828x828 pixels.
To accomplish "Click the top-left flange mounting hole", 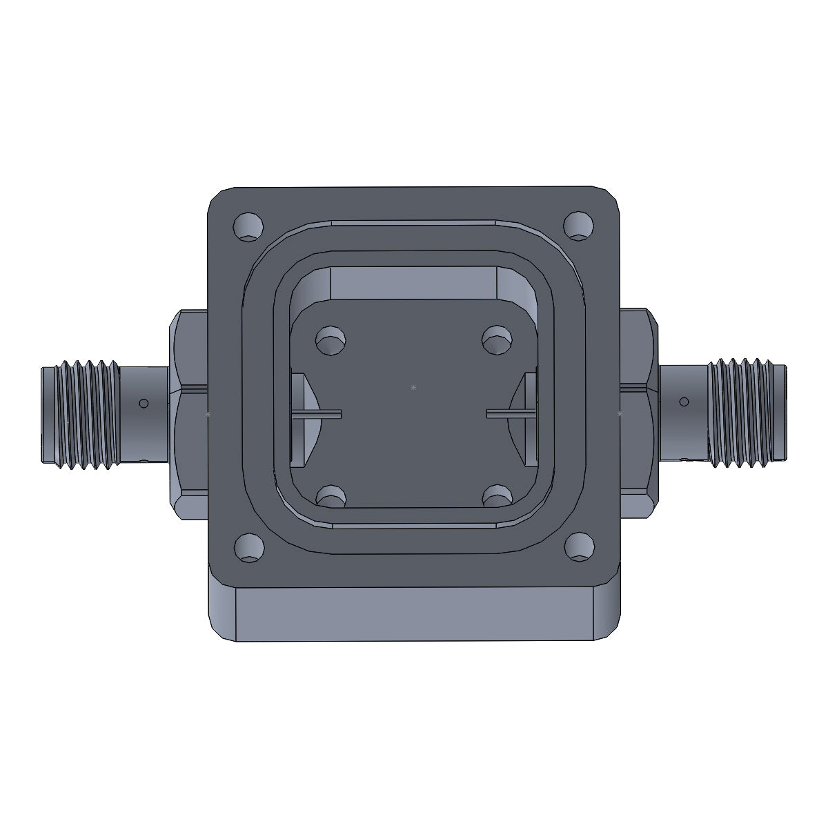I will tap(249, 227).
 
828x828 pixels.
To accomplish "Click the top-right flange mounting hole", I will tap(579, 226).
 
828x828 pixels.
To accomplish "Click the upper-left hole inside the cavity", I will tap(331, 340).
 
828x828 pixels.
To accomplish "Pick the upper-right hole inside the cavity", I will tap(497, 339).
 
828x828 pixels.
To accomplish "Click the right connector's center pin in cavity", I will tap(511, 413).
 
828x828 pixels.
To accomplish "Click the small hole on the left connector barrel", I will tap(144, 403).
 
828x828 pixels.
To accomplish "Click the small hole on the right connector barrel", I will tap(684, 402).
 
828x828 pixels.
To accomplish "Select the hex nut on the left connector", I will tap(188, 414).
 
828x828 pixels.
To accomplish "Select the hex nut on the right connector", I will tap(639, 414).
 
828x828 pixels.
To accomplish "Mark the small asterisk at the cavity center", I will tap(413, 388).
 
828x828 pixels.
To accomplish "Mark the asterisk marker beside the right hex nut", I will tap(620, 414).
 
